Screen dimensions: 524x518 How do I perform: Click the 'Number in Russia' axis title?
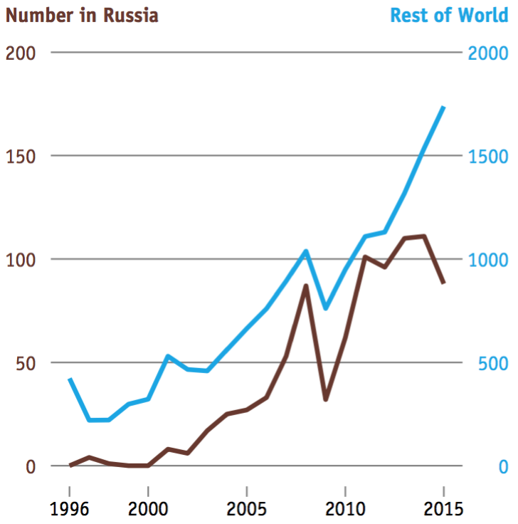82,15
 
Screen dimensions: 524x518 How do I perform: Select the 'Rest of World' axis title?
449,15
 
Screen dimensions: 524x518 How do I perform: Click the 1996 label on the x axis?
70,509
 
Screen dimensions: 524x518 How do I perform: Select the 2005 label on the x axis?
246,509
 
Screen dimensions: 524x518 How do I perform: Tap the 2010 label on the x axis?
345,509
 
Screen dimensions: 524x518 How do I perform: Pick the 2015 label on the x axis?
443,509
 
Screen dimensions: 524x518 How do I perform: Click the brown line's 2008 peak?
306,285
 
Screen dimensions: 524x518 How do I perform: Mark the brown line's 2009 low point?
325,399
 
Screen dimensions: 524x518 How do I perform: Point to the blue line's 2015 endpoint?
443,108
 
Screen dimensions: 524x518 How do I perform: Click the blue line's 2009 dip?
325,308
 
